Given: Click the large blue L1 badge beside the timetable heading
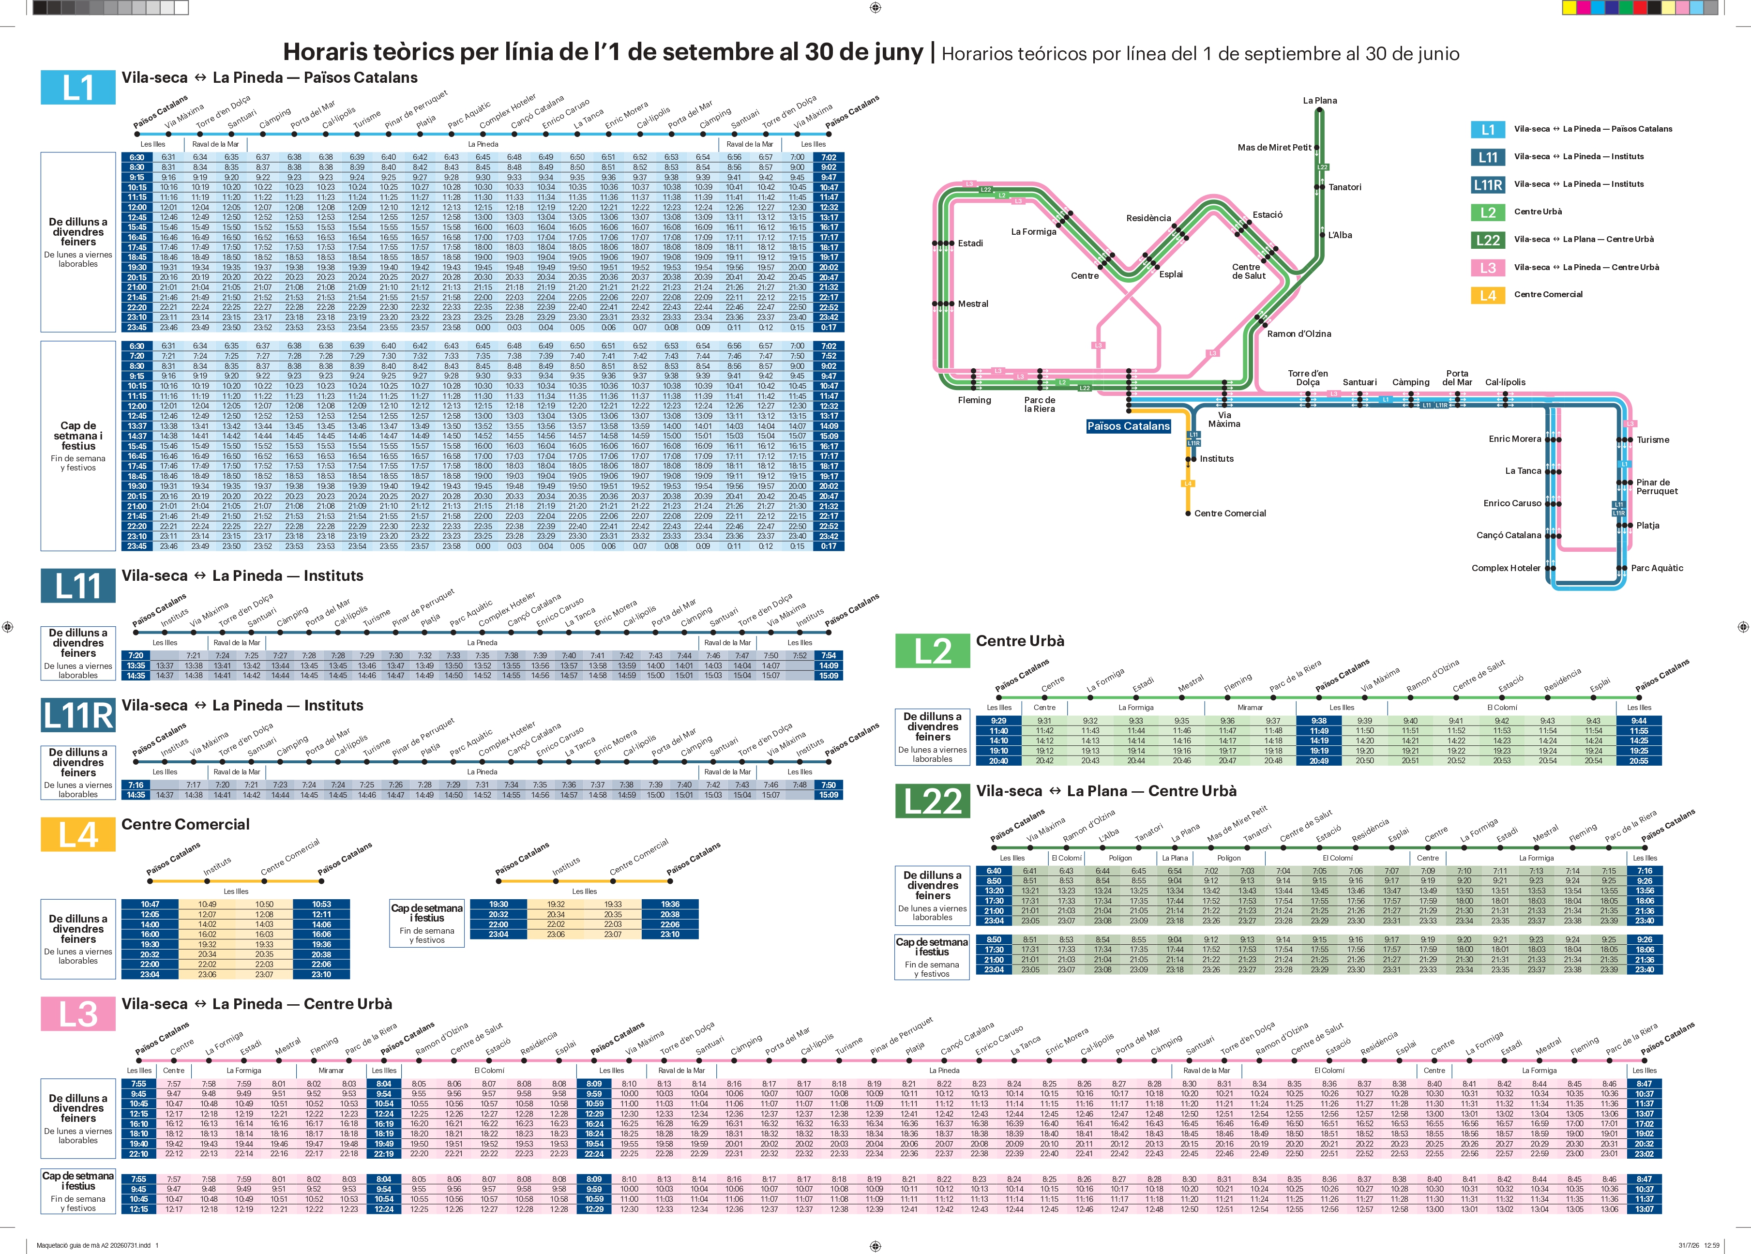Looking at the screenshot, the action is coord(78,87).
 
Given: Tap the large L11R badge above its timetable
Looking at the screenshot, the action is coord(78,715).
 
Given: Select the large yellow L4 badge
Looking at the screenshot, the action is coord(78,835).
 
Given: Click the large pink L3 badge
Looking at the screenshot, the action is coord(78,1014).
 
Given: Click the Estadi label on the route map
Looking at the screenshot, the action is coord(970,243).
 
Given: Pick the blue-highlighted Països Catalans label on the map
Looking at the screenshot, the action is coord(1129,426).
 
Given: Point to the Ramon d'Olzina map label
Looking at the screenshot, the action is coord(1299,333).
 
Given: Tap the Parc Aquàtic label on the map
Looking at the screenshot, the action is coord(1657,568).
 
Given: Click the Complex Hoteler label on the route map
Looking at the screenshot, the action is coord(1506,568).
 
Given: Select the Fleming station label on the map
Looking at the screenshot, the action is coord(974,400).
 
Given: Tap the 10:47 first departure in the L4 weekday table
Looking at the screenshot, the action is coord(150,904).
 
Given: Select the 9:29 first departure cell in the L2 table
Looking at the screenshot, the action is coord(998,721).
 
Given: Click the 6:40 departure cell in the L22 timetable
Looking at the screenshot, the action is coord(994,871).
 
